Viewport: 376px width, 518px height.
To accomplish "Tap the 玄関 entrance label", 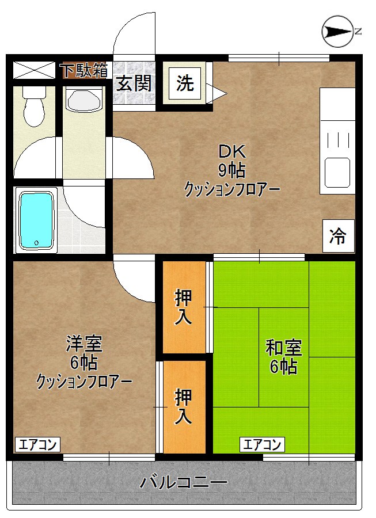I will point(135,84).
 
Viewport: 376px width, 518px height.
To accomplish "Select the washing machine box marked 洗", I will point(185,84).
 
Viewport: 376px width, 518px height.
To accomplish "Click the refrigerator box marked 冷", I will point(338,235).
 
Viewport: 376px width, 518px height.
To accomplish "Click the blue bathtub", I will point(37,220).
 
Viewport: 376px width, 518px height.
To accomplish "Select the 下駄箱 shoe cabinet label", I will point(84,70).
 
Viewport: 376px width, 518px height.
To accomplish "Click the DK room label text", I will point(231,152).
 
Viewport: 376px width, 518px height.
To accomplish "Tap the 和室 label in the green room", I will point(283,348).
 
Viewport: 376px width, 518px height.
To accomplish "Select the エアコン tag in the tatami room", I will point(262,444).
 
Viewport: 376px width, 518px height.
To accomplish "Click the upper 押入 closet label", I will point(184,307).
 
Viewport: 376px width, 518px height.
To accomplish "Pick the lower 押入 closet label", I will point(184,406).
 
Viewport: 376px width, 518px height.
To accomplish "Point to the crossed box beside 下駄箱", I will point(33,70).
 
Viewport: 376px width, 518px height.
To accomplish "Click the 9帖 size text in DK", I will point(231,170).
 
